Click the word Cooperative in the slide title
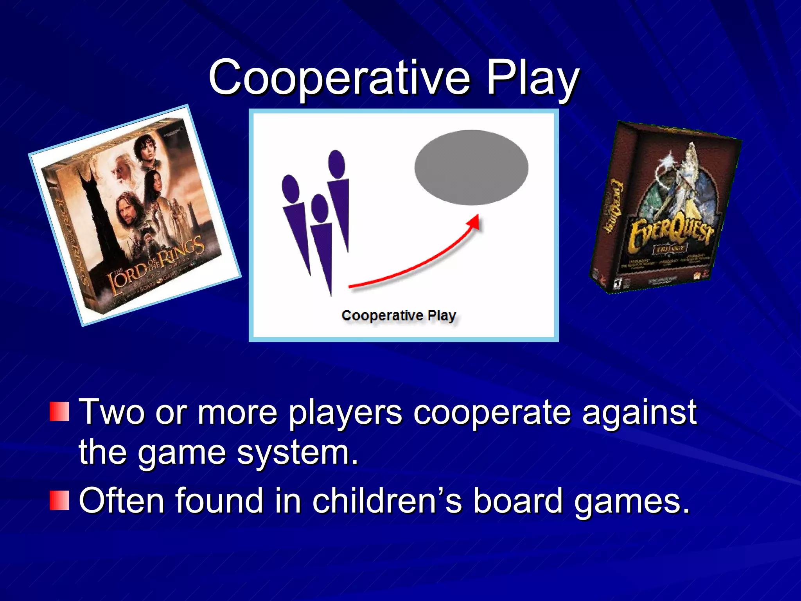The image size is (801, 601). coord(339,77)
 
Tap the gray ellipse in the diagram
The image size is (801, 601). coord(471,167)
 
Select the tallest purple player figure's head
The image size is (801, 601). coord(336,164)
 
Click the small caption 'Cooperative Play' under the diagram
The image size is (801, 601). coord(399,315)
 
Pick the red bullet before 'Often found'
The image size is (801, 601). coord(59,500)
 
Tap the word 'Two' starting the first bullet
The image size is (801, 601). coord(112,412)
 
